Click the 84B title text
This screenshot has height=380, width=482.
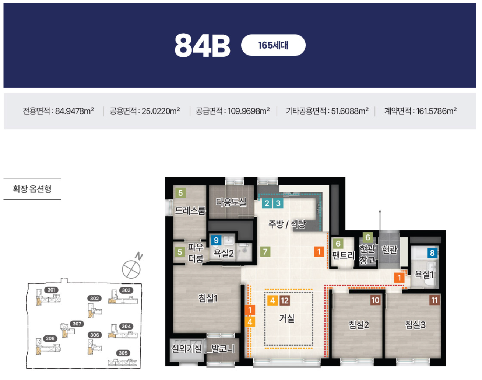coord(202,45)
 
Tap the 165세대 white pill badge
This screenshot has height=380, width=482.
coord(273,45)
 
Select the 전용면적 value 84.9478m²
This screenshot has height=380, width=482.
coord(75,111)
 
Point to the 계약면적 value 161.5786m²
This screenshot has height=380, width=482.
coord(436,111)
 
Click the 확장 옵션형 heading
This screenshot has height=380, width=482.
coord(32,189)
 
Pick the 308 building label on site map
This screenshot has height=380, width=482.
coord(50,338)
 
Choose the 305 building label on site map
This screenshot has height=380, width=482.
coord(123,353)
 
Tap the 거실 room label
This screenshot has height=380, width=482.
coord(287,318)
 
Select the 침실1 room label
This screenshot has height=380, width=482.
coord(208,299)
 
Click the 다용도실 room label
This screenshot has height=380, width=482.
coord(231,202)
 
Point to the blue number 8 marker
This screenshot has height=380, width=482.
coord(432,253)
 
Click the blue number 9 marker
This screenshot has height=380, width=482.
coord(216,240)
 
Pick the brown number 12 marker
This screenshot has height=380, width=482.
coord(285,300)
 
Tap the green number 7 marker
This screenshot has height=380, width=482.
coord(265,251)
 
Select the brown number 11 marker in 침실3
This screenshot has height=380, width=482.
coord(434,300)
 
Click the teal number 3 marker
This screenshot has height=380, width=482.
coord(278,203)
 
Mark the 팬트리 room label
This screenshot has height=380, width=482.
coord(343,255)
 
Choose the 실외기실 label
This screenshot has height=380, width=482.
coord(187,348)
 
